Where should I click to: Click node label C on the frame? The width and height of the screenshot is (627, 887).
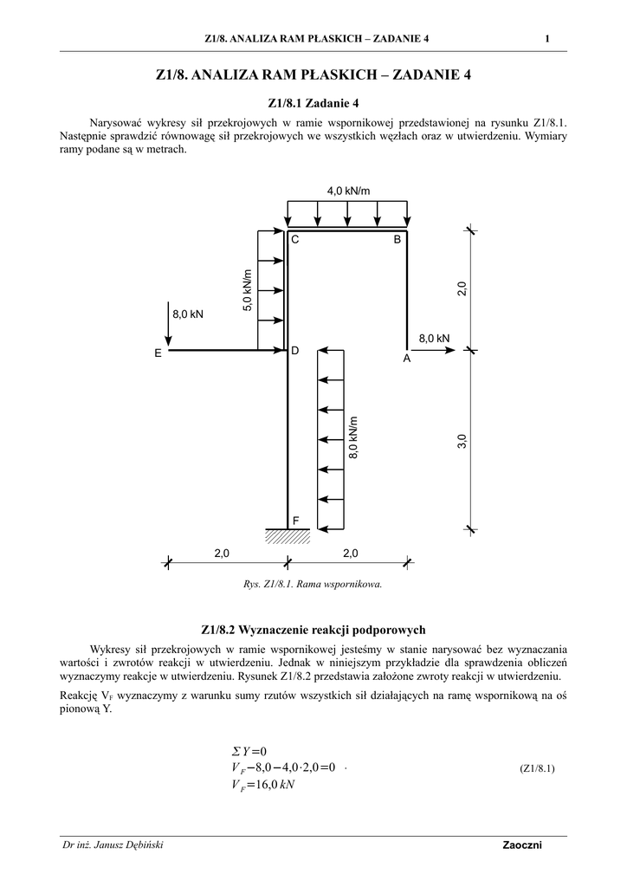click(x=294, y=240)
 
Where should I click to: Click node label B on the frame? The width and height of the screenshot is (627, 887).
click(x=398, y=240)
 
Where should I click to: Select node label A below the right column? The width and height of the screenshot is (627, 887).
click(x=406, y=358)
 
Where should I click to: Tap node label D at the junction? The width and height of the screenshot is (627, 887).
click(x=294, y=351)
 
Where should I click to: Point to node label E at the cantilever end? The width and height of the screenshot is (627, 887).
click(x=158, y=353)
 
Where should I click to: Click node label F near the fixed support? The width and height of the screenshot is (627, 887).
click(x=295, y=521)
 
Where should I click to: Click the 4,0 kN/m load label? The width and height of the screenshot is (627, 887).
click(x=346, y=190)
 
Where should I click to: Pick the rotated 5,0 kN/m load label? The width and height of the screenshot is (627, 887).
click(x=249, y=291)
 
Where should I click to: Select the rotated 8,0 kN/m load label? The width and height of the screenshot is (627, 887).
click(x=353, y=437)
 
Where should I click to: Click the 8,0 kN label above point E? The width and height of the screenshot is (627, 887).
click(x=188, y=314)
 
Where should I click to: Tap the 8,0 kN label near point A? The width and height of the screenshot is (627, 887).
click(x=434, y=338)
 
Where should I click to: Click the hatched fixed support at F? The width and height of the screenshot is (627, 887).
click(x=287, y=536)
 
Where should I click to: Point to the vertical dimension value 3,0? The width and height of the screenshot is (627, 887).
click(x=462, y=440)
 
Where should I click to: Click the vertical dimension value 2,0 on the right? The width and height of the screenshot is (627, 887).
click(x=462, y=289)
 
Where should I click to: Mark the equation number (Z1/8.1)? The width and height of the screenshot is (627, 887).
click(x=537, y=768)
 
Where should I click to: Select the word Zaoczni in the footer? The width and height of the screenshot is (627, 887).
click(x=521, y=846)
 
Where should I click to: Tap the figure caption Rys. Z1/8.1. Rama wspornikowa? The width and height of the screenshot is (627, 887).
click(x=313, y=584)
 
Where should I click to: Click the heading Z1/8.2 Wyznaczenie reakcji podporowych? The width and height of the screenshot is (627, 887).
click(x=313, y=630)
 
